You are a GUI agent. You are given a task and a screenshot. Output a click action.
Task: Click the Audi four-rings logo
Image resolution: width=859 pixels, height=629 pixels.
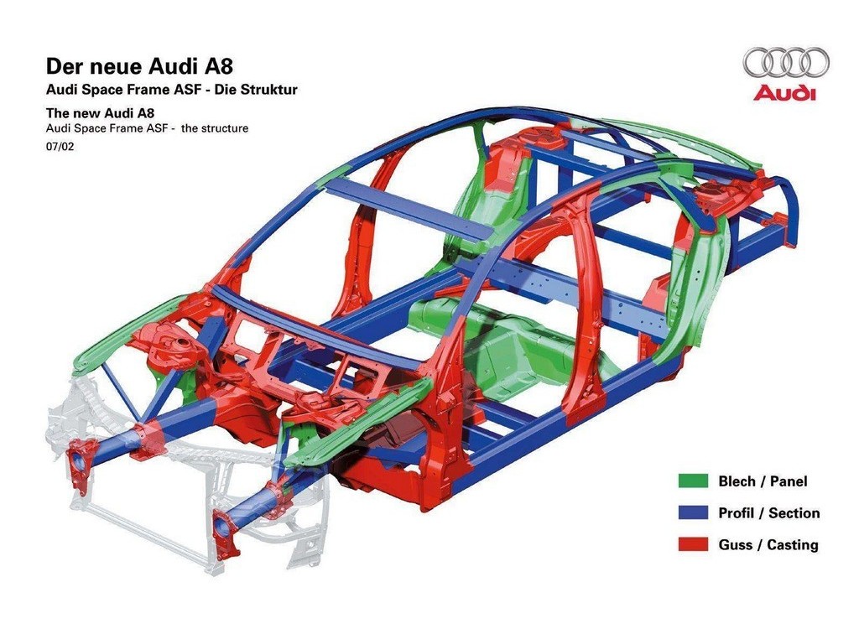point(786,62)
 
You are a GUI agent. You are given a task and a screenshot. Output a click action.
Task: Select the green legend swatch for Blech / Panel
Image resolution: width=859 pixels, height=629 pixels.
point(693,481)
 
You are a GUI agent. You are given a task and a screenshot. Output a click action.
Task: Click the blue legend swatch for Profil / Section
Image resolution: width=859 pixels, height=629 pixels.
point(693,512)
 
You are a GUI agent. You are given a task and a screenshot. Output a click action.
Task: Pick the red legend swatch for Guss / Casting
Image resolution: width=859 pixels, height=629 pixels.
point(693,544)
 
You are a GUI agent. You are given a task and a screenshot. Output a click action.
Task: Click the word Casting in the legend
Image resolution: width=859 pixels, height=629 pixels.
point(793,545)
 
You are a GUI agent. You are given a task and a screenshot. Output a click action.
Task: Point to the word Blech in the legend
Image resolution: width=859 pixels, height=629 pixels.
point(737,481)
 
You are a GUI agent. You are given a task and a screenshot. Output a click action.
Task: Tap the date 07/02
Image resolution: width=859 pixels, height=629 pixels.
point(60,147)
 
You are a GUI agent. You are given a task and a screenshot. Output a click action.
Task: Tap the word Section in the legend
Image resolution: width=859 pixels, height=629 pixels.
point(794,513)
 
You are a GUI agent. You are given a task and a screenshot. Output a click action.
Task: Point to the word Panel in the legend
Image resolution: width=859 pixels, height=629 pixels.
point(789,481)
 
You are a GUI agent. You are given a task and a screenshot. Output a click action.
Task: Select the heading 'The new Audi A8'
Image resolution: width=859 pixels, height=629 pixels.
point(101,113)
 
